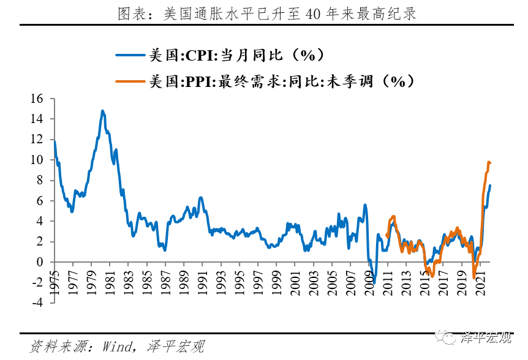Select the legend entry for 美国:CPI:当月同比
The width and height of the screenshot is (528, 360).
(236, 55)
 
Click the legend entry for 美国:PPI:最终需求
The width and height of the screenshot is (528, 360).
(282, 81)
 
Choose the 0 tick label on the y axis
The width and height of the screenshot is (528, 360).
(40, 262)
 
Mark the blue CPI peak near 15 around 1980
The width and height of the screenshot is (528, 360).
(102, 111)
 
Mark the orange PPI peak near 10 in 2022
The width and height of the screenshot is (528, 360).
(489, 162)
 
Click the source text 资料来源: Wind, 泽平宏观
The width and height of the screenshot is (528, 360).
(116, 347)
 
